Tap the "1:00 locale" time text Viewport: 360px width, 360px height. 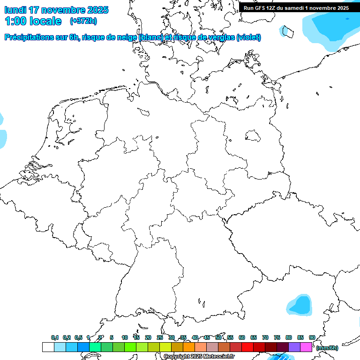(x=33, y=21)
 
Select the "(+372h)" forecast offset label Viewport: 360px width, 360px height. (x=83, y=21)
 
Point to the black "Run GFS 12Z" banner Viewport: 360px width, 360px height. (x=296, y=8)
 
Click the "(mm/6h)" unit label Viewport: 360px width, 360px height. (x=327, y=348)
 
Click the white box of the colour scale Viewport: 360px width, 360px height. (x=48, y=347)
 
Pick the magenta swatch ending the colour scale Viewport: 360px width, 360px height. (x=306, y=347)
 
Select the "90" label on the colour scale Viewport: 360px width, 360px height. (x=312, y=337)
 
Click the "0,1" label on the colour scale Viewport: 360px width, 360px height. (x=55, y=337)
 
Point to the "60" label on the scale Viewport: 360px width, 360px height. (x=242, y=337)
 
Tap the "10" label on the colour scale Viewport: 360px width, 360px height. (x=125, y=337)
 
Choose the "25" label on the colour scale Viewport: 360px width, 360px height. (x=160, y=337)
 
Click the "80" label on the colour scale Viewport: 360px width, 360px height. (x=289, y=337)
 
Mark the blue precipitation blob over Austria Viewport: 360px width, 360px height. (x=300, y=305)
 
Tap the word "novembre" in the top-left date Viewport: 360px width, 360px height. (x=62, y=10)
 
